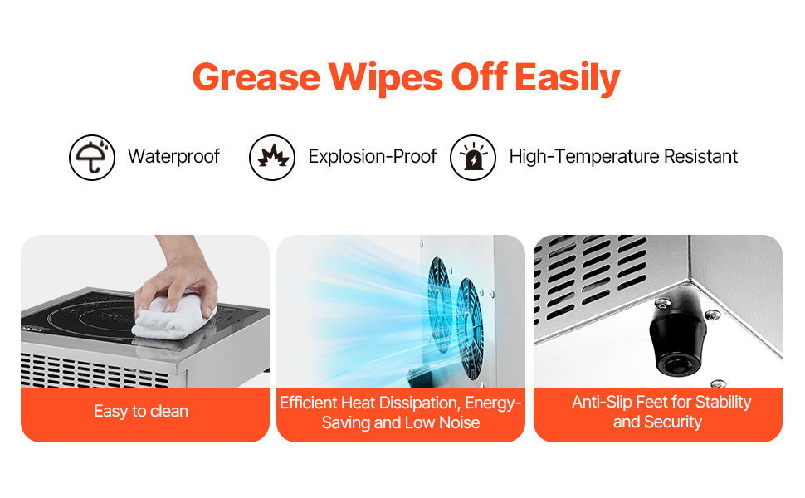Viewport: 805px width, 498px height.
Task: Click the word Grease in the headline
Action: coord(256,77)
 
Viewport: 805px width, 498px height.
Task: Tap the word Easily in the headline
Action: coord(568,79)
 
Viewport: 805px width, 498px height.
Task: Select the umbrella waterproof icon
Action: coord(92,157)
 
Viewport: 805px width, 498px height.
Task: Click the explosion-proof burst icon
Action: coord(272,157)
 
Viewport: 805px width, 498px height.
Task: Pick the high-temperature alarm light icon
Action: coord(473,157)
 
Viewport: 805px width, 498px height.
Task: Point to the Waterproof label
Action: coord(173,156)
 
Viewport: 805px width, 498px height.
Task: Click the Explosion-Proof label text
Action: coord(373,156)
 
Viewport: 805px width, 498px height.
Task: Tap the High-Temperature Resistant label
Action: coord(623,156)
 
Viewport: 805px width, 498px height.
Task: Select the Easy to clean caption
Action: coord(141,411)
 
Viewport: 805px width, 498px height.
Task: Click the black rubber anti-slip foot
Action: coord(676,333)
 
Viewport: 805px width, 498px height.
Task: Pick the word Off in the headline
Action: coord(479,77)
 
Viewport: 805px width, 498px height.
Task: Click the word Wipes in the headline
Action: coord(386,79)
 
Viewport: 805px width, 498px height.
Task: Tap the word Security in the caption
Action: coord(672,422)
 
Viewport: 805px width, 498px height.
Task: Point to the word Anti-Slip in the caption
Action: coord(602,402)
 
